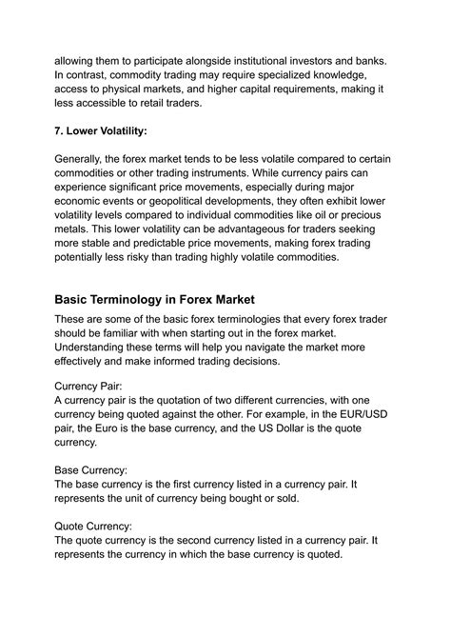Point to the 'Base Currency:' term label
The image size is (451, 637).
[94, 469]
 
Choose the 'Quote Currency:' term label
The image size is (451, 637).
[96, 525]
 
